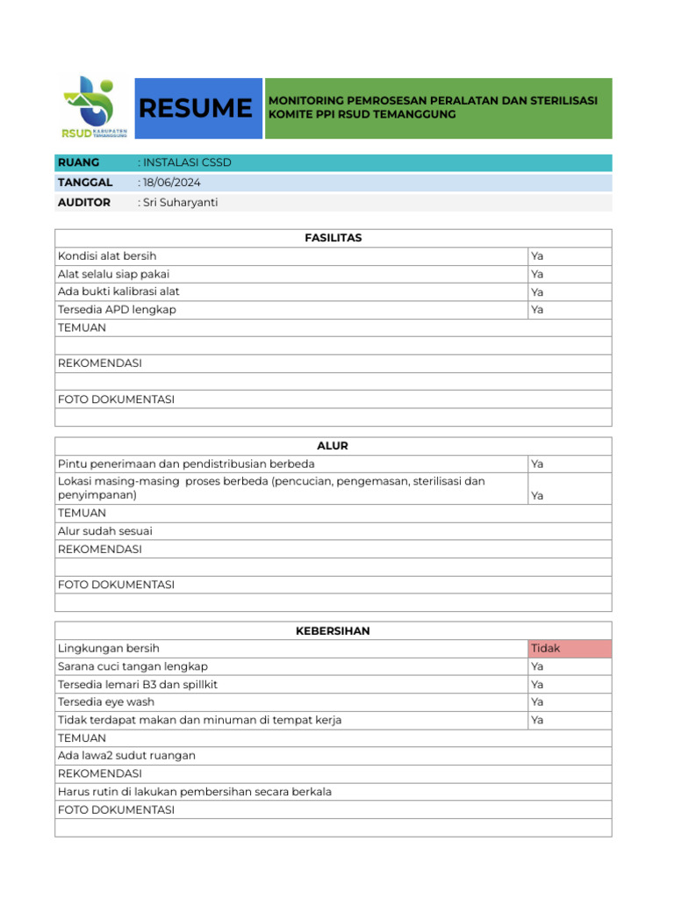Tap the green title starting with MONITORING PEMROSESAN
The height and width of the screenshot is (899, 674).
pyautogui.click(x=433, y=108)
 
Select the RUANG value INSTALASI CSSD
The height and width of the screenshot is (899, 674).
pyautogui.click(x=185, y=162)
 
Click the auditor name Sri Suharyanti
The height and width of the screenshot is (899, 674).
pyautogui.click(x=179, y=203)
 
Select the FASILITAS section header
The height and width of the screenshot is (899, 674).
pyautogui.click(x=333, y=238)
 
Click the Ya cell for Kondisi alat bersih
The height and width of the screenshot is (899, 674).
pyautogui.click(x=537, y=256)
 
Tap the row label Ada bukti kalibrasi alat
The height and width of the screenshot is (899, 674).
pyautogui.click(x=118, y=291)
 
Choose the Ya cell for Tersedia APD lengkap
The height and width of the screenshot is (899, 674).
pyautogui.click(x=537, y=310)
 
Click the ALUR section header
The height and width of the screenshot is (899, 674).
pyautogui.click(x=333, y=446)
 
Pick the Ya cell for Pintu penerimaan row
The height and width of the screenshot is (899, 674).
pyautogui.click(x=537, y=464)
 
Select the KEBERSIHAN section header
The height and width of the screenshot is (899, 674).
pyautogui.click(x=333, y=631)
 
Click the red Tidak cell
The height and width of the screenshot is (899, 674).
pyautogui.click(x=545, y=649)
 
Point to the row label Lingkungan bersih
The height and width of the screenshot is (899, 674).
pyautogui.click(x=109, y=649)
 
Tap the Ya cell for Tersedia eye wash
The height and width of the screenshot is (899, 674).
pyautogui.click(x=537, y=702)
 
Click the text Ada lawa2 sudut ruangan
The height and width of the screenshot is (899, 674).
pyautogui.click(x=126, y=756)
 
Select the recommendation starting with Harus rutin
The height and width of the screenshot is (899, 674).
pyautogui.click(x=195, y=792)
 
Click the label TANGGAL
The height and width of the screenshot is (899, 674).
pyautogui.click(x=85, y=183)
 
